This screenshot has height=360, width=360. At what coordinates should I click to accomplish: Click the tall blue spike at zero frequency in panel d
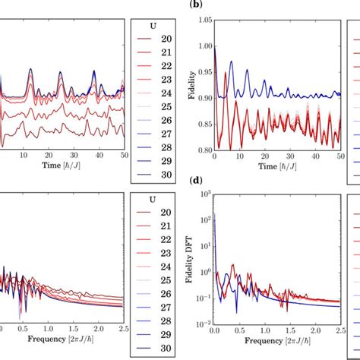point(215,220)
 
